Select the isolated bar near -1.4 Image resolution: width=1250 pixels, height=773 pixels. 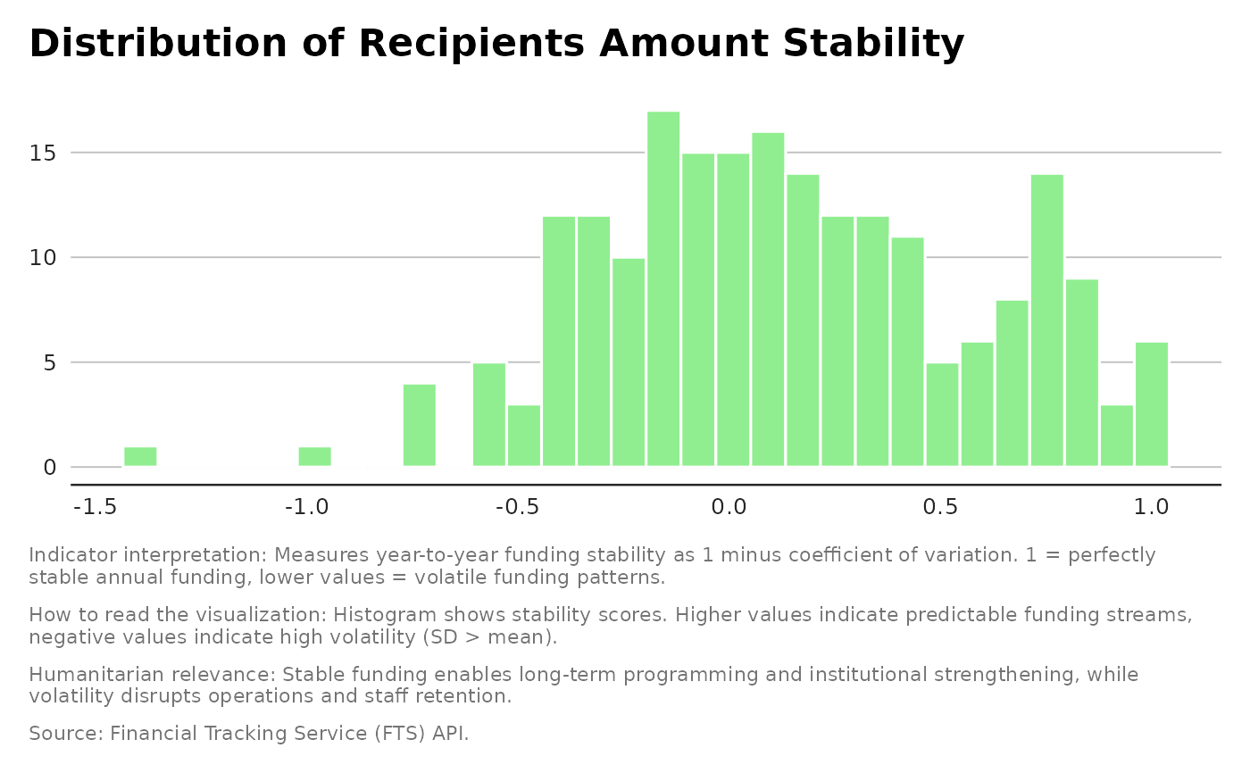[140, 456]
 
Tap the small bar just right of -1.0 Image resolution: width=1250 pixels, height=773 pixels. [314, 456]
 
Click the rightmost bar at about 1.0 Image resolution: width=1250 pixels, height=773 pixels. [1152, 403]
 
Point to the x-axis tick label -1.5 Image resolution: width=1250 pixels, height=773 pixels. [96, 508]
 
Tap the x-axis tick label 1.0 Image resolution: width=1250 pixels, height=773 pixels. [1151, 508]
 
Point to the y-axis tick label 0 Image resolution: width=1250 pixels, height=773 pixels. [51, 468]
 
